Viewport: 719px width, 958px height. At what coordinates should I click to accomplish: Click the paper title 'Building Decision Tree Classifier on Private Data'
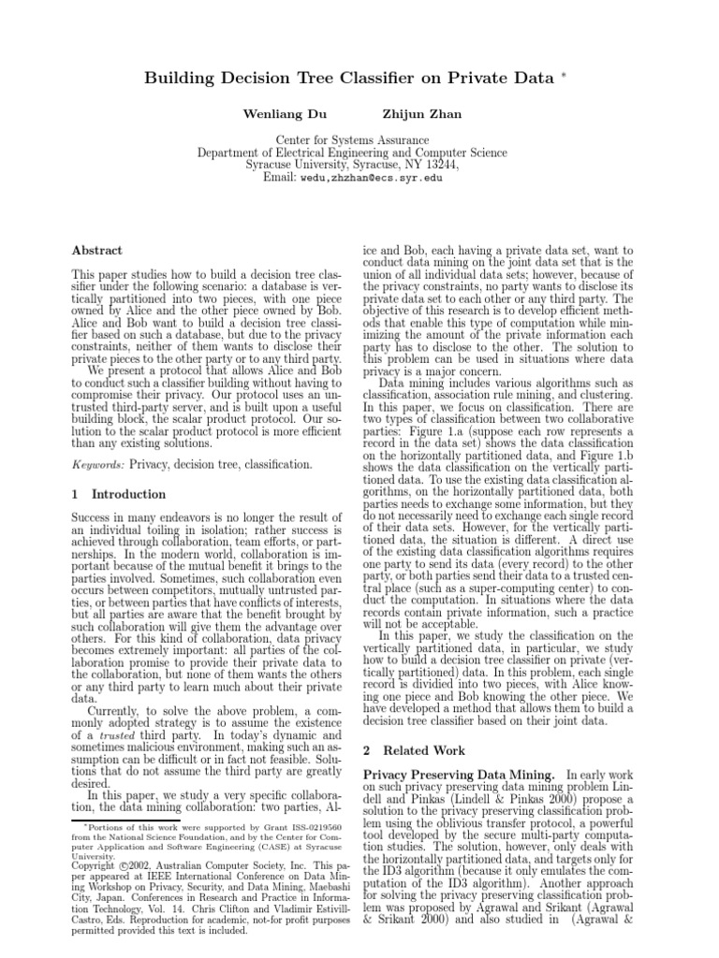pyautogui.click(x=349, y=79)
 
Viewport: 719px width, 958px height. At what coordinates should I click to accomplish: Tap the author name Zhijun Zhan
pyautogui.click(x=421, y=113)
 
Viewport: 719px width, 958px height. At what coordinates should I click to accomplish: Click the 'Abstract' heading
pyautogui.click(x=97, y=251)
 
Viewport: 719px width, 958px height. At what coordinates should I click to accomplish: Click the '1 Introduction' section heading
pyautogui.click(x=119, y=494)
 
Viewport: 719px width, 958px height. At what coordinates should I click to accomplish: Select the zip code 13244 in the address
pyautogui.click(x=439, y=164)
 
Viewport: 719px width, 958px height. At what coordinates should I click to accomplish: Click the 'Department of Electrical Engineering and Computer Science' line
pyautogui.click(x=352, y=152)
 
